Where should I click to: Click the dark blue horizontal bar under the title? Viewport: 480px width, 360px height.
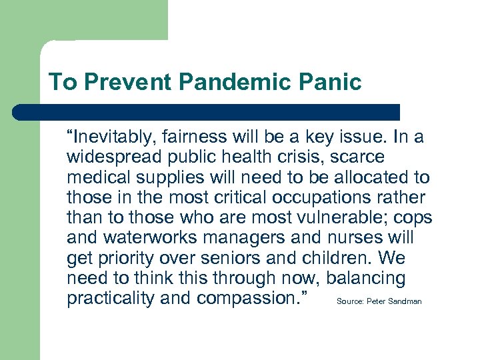pos(207,112)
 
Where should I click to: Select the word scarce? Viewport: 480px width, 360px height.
pos(361,158)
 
